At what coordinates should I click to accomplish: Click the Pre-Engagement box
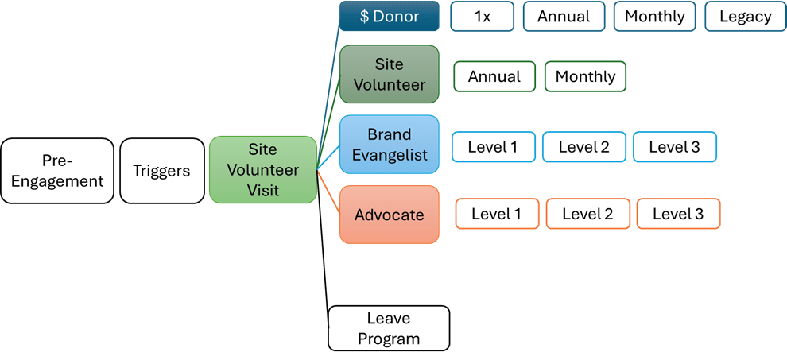[x=57, y=171]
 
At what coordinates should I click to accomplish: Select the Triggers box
[x=161, y=171]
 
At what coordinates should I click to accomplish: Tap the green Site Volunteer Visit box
[x=263, y=170]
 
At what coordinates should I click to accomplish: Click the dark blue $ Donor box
[x=390, y=17]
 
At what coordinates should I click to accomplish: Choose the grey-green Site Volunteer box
[x=390, y=74]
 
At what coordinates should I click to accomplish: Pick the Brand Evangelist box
[x=390, y=145]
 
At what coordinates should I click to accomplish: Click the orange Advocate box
[x=390, y=215]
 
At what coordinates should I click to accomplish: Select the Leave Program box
[x=389, y=328]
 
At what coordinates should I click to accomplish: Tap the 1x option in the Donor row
[x=483, y=17]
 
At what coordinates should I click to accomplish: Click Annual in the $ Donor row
[x=564, y=17]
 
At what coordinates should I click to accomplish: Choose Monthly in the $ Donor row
[x=655, y=17]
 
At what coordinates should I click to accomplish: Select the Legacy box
[x=745, y=17]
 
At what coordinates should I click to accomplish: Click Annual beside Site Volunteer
[x=494, y=77]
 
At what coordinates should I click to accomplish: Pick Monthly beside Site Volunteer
[x=585, y=77]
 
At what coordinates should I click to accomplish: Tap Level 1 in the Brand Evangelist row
[x=493, y=147]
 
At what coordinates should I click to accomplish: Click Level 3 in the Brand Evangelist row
[x=675, y=147]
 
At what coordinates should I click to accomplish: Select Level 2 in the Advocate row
[x=587, y=214]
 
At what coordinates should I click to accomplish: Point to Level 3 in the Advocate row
[x=678, y=214]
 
